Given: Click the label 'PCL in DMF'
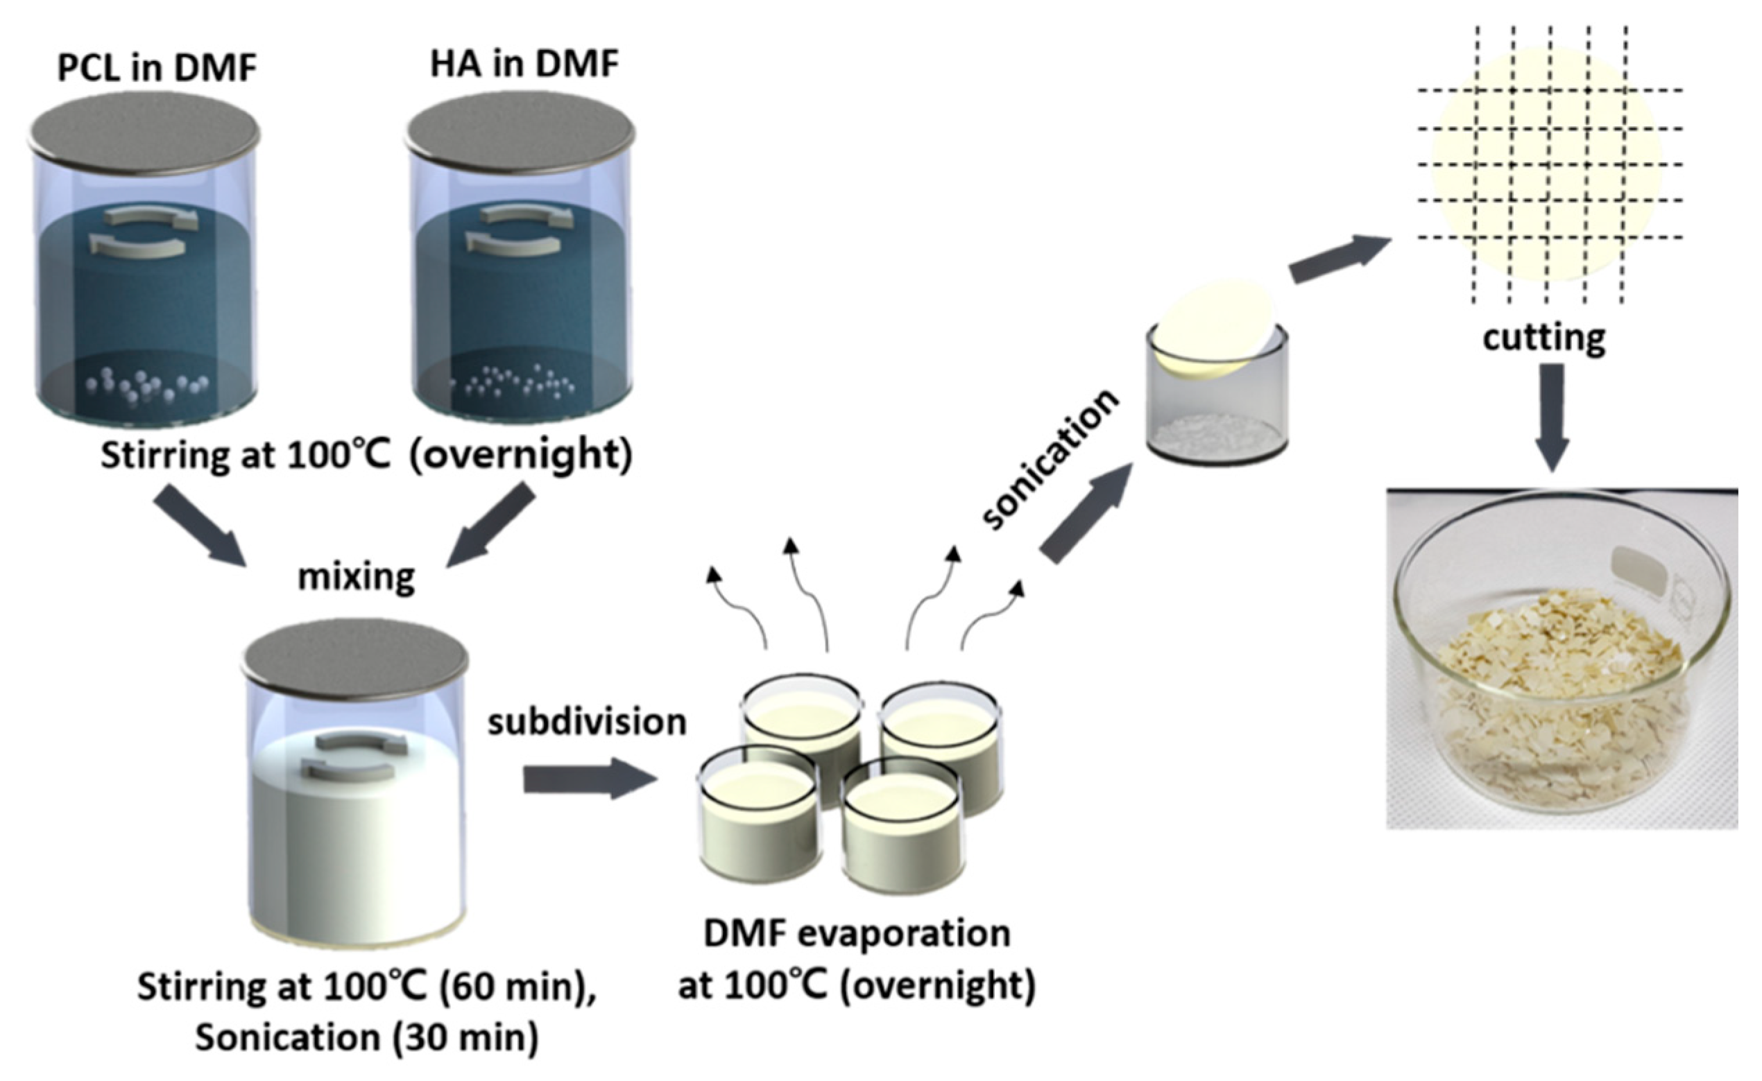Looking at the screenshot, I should [x=157, y=69].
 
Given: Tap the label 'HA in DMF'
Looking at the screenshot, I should [x=524, y=64].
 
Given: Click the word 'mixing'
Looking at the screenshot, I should [x=356, y=576].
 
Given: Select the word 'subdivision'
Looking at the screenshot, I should [x=586, y=722].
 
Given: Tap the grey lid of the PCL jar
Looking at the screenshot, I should [x=144, y=133].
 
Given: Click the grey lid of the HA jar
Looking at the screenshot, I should [x=520, y=133].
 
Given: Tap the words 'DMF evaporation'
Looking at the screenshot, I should [x=857, y=934].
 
